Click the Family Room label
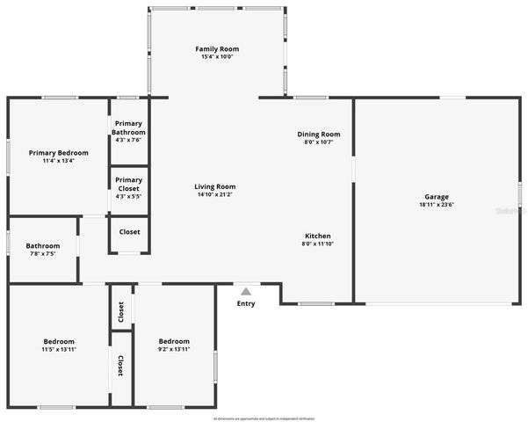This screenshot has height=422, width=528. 216,49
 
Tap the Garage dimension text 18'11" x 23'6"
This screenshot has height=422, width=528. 437,205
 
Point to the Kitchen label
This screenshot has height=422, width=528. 317,236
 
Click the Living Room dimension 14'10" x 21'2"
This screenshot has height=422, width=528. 214,194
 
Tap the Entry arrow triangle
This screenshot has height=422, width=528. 246,292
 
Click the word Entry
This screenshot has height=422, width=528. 246,304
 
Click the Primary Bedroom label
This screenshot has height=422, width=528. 58,153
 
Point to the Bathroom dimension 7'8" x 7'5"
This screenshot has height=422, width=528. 42,254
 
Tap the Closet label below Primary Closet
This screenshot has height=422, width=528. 129,232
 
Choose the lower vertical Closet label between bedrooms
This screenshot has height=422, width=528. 120,366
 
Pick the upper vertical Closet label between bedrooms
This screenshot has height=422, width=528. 120,312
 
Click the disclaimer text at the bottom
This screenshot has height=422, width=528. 264,418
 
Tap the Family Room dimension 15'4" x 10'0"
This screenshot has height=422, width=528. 216,57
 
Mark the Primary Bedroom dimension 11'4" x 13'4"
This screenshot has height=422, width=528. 58,161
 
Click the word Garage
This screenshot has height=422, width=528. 437,197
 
